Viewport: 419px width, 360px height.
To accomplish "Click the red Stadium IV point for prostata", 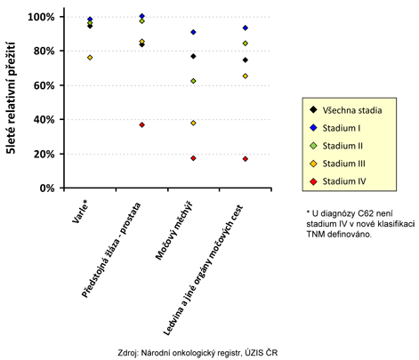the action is (141, 124).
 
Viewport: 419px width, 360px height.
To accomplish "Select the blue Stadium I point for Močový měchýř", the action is (193, 32).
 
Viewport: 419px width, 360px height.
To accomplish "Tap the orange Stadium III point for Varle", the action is (90, 58).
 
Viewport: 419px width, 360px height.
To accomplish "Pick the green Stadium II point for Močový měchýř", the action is (193, 81).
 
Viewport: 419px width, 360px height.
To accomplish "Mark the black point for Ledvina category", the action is (246, 60).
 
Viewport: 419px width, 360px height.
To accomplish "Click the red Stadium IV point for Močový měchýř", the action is (193, 158).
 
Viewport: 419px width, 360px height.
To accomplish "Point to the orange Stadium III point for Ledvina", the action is (246, 76).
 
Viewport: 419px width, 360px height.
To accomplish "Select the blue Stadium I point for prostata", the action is (141, 16).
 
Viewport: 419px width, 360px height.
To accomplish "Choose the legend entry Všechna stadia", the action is (346, 110).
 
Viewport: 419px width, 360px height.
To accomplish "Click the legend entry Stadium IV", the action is (338, 181).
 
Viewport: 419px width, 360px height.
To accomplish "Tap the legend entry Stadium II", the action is (336, 146).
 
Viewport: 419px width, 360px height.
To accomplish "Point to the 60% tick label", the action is (44, 85).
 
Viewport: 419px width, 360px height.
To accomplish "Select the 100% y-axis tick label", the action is (41, 17).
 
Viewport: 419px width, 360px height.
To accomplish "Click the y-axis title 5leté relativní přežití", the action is (11, 98).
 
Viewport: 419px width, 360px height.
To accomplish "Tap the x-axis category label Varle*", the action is (80, 212).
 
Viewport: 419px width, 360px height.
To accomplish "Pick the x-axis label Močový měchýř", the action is (174, 230).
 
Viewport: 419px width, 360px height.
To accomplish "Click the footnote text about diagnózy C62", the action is (360, 224).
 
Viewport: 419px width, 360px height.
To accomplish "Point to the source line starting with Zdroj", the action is (197, 353).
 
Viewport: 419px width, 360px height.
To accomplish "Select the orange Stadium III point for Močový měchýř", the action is (193, 123).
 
